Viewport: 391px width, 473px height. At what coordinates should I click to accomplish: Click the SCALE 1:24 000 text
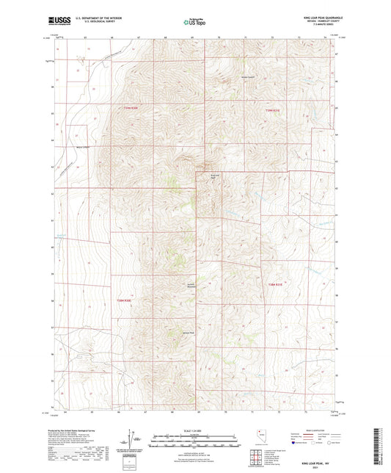(x=195, y=430)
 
